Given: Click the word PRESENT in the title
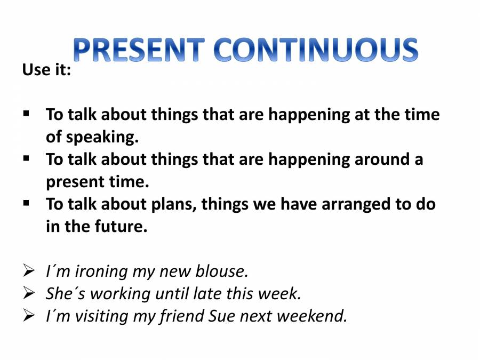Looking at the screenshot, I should click(139, 51).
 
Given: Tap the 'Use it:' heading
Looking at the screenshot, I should click(46, 70).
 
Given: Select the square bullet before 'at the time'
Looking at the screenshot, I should click(27, 114).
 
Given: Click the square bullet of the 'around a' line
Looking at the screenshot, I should click(27, 158).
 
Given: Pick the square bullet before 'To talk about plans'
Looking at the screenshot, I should click(27, 203).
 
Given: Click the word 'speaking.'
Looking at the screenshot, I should click(102, 137).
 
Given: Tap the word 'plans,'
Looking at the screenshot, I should click(169, 204).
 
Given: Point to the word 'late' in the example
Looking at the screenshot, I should click(207, 294).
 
